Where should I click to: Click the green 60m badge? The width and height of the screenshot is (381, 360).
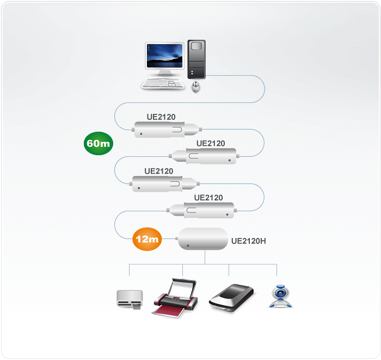point(98,144)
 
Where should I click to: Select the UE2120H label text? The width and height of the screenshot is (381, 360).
point(249,240)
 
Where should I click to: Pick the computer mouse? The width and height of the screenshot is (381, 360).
point(196,86)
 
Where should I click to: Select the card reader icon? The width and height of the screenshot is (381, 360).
point(131,300)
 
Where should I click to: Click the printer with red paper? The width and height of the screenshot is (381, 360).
point(174,298)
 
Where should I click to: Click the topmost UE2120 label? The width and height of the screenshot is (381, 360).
point(161,117)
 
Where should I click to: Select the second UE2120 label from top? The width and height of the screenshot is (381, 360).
point(211,143)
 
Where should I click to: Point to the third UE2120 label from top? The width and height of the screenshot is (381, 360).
point(159,171)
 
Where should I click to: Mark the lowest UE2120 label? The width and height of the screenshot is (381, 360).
point(208,197)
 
